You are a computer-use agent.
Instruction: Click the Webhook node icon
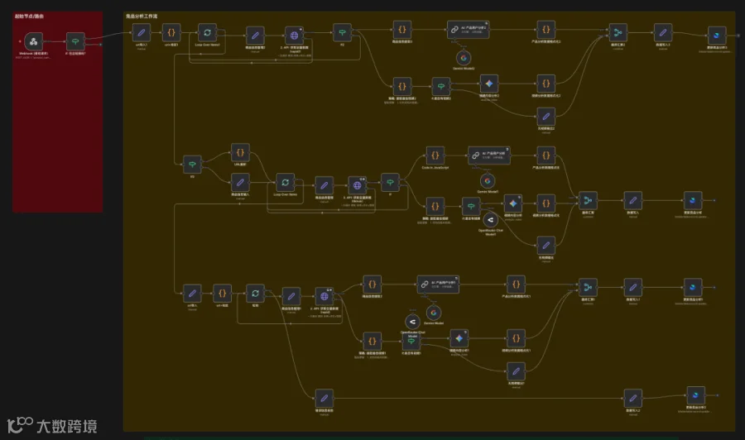(x=34, y=41)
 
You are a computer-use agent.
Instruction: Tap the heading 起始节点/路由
(x=29, y=16)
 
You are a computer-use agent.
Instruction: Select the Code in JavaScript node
(x=435, y=155)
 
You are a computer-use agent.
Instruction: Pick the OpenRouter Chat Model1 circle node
(x=490, y=219)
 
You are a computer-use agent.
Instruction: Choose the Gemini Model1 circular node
(x=487, y=180)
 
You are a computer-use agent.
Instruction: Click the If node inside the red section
(x=75, y=41)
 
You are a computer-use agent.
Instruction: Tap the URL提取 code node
(x=240, y=153)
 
